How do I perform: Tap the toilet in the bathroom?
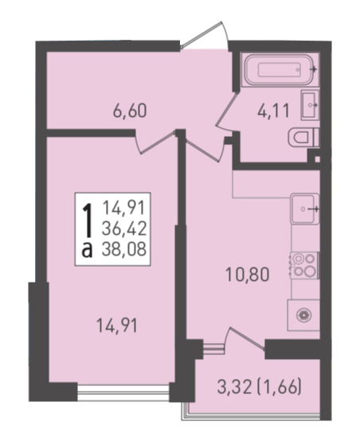[x=304, y=137]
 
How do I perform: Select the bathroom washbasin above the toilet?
[x=310, y=105]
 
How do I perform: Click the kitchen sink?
[x=305, y=209]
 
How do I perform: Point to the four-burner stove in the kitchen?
[x=303, y=266]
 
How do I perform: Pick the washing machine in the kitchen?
[x=303, y=315]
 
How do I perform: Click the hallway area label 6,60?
[x=130, y=111]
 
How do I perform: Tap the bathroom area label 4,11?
[x=273, y=111]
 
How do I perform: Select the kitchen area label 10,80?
[x=248, y=275]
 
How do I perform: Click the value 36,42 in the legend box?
[x=124, y=228]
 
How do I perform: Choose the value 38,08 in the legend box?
[x=124, y=248]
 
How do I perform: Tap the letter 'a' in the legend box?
[x=87, y=249]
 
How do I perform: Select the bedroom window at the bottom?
[x=123, y=392]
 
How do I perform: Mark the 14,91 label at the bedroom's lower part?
[x=117, y=326]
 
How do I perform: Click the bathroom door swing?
[x=226, y=112]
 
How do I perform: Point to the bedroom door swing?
[x=154, y=142]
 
